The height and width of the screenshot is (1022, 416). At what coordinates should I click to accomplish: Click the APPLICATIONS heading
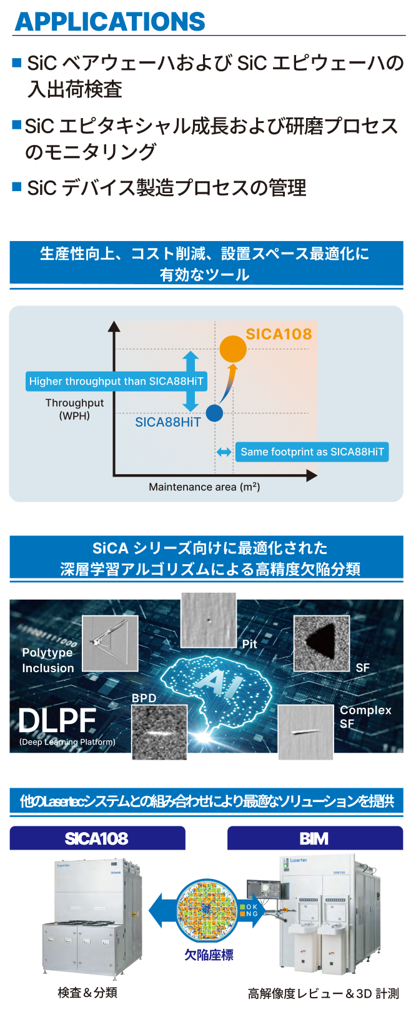pyautogui.click(x=109, y=22)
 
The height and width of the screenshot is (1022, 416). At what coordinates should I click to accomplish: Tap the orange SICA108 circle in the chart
pyautogui.click(x=233, y=349)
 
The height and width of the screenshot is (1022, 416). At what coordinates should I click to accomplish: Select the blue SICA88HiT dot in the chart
pyautogui.click(x=214, y=413)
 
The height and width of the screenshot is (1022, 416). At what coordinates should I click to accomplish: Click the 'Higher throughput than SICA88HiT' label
pyautogui.click(x=116, y=381)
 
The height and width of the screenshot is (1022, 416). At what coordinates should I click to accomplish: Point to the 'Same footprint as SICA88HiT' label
pyautogui.click(x=312, y=452)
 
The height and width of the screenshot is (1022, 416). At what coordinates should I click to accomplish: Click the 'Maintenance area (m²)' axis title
pyautogui.click(x=204, y=487)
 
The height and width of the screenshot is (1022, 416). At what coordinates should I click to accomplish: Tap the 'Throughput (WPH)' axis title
pyautogui.click(x=74, y=409)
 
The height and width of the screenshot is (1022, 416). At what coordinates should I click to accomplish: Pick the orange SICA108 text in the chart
pyautogui.click(x=279, y=334)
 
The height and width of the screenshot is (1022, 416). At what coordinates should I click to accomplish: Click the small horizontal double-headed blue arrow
pyautogui.click(x=224, y=452)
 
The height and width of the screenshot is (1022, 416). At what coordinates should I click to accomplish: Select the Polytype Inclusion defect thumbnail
pyautogui.click(x=110, y=643)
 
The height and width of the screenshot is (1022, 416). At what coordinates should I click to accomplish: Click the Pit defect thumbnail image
pyautogui.click(x=209, y=620)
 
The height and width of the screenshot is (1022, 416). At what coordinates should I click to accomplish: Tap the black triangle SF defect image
pyautogui.click(x=321, y=643)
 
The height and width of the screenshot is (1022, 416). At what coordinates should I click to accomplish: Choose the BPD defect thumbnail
pyautogui.click(x=159, y=733)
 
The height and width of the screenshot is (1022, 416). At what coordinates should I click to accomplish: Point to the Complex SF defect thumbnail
pyautogui.click(x=305, y=733)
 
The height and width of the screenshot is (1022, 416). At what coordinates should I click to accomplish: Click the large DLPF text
pyautogui.click(x=57, y=721)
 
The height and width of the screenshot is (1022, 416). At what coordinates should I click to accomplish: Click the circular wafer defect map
pyautogui.click(x=207, y=911)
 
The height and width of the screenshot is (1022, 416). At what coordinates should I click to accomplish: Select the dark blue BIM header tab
pyautogui.click(x=315, y=838)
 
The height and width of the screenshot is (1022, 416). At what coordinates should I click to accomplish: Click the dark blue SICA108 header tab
pyautogui.click(x=97, y=838)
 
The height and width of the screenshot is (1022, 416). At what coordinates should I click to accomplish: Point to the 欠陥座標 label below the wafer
pyautogui.click(x=209, y=954)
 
